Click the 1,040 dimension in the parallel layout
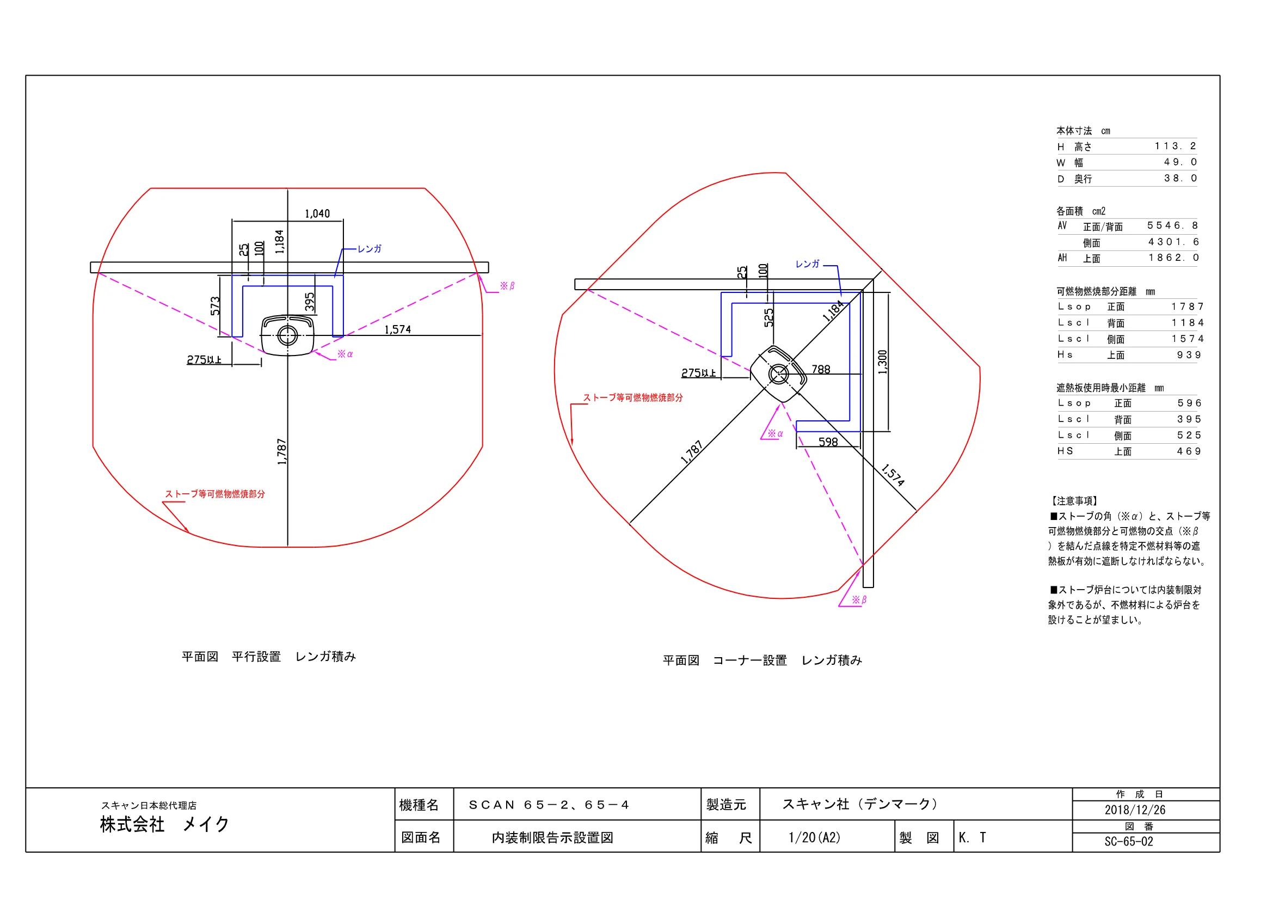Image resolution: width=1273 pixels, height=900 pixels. (x=317, y=213)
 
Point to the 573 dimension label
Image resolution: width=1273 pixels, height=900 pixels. (x=215, y=305)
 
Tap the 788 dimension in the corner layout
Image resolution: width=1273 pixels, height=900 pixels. (x=821, y=369)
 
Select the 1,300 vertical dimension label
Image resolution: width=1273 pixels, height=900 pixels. (x=883, y=362)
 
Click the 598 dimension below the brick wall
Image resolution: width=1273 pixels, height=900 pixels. (x=828, y=442)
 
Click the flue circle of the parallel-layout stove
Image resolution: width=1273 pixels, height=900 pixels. (x=287, y=335)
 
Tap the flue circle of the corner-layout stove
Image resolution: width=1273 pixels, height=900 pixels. (x=778, y=374)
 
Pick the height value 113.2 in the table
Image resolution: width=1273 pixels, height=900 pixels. (x=1176, y=146)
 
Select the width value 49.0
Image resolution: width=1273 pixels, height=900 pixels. (x=1180, y=162)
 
